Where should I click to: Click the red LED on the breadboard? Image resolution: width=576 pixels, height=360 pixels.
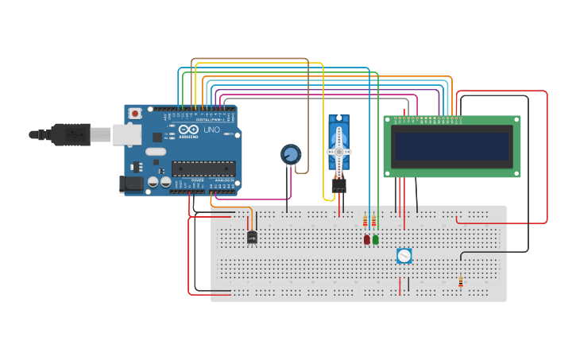tap(366, 239)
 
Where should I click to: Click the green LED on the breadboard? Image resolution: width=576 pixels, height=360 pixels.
tap(376, 239)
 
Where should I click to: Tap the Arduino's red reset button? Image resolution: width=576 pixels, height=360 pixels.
tap(135, 114)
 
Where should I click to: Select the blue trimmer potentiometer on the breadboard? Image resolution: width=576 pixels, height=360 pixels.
tap(404, 256)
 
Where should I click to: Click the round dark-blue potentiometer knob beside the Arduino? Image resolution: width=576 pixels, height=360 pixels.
tap(291, 154)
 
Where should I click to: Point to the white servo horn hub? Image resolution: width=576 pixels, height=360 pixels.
tap(338, 151)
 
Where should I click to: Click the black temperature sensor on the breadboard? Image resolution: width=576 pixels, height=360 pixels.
tap(252, 237)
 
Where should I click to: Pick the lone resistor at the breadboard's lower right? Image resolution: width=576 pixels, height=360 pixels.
tap(461, 282)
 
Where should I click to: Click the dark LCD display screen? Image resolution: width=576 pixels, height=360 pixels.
tap(452, 147)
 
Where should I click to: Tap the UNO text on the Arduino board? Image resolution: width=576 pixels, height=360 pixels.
tap(212, 130)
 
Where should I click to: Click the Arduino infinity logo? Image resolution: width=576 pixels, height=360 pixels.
tap(188, 130)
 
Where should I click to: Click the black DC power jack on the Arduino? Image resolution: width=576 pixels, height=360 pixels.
tap(132, 184)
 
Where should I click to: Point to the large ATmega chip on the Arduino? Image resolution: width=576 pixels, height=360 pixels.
tap(203, 168)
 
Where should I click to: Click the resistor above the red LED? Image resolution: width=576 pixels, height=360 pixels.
tap(365, 221)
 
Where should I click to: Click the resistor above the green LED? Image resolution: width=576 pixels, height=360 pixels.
tap(373, 221)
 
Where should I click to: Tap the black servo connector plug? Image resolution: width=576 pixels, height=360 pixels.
tap(339, 185)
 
